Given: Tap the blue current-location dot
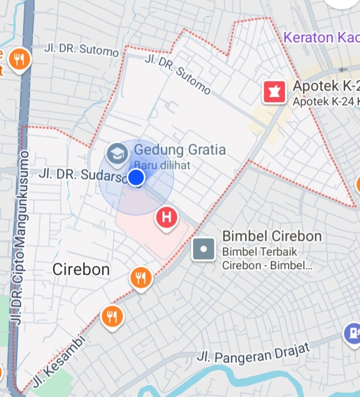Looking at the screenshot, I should (x=136, y=177).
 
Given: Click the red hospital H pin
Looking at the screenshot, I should (x=167, y=217).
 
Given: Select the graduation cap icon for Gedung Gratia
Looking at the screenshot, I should (x=116, y=153).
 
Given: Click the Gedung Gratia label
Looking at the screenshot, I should (x=180, y=150).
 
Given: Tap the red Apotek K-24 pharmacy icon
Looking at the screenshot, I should (x=274, y=92).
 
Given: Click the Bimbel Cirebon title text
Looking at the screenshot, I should (x=272, y=236).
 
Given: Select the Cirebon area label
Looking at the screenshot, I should (x=81, y=269).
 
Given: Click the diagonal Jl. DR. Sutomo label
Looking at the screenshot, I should (x=178, y=76).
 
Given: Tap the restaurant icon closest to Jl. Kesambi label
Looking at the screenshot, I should (x=112, y=316).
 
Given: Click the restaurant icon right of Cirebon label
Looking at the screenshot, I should (x=141, y=277).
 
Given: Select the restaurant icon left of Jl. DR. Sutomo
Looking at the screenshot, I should (x=19, y=59).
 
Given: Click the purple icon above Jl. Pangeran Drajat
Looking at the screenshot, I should (x=352, y=332).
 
